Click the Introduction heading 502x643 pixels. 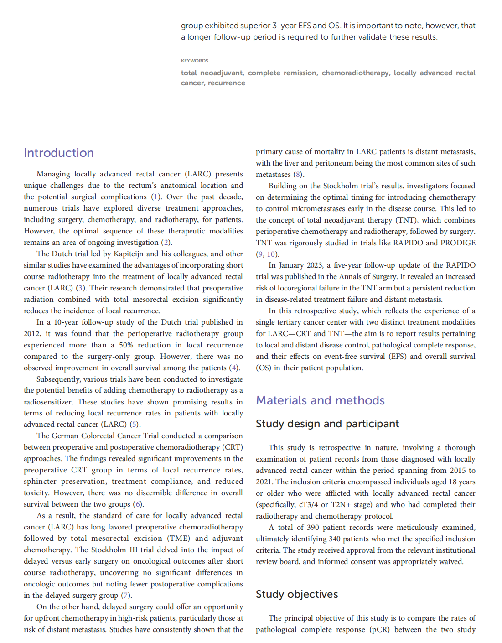[x=59, y=153]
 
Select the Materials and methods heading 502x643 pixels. [x=320, y=400]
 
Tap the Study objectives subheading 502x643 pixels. [x=297, y=594]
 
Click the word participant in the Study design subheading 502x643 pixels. [x=372, y=424]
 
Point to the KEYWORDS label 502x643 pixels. [x=195, y=61]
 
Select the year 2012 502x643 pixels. [x=32, y=333]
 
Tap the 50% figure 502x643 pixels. [x=126, y=345]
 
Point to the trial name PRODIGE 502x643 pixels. [x=458, y=243]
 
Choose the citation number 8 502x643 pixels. [x=298, y=174]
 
